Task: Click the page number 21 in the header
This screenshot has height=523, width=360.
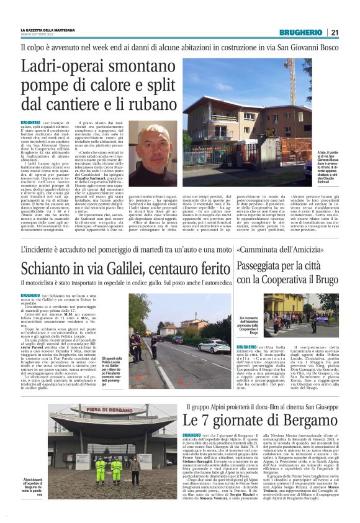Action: [335, 32]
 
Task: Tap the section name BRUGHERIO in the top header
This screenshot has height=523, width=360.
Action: [300, 32]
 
